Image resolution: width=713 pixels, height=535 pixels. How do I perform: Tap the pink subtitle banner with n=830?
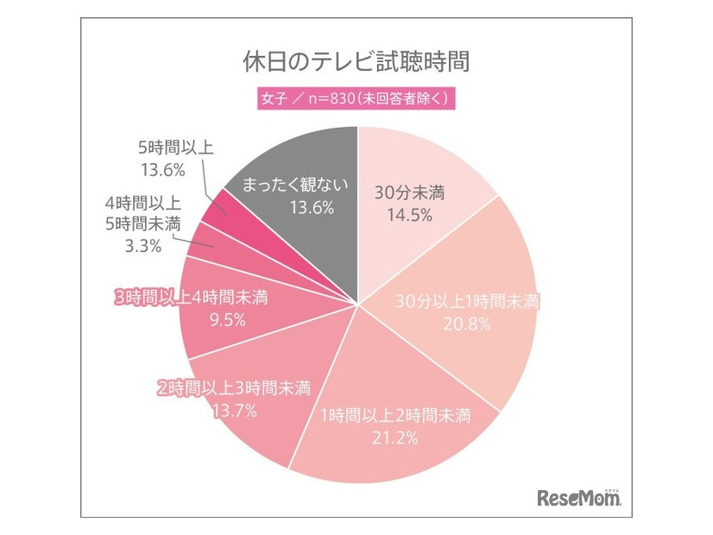[356, 98]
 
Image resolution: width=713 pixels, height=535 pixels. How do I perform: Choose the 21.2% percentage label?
[395, 438]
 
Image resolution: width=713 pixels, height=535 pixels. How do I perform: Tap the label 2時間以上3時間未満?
[233, 387]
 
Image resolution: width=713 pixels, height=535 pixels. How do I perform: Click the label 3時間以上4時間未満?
[191, 298]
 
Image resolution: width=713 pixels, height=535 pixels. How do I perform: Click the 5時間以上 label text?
[176, 147]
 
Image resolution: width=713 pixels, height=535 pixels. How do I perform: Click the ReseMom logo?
[579, 499]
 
